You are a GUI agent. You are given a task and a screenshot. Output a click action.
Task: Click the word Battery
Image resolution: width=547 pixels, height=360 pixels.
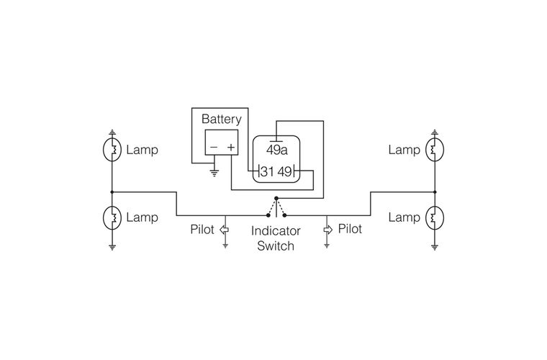pos(221,119)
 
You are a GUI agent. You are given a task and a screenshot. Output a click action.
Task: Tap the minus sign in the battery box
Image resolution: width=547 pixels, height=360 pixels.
pos(212,148)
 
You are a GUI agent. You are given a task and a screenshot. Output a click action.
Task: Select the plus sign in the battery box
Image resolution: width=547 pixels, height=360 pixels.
pos(231,148)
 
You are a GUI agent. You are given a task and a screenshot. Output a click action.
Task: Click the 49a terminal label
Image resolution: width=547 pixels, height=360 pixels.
pos(277,150)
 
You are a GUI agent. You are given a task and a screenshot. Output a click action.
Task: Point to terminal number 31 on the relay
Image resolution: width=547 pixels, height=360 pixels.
pos(267,171)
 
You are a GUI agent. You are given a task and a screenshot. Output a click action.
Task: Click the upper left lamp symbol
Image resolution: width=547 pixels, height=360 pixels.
pos(112,150)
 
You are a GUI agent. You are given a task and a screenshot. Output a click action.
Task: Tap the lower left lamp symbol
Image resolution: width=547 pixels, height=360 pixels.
pos(112,217)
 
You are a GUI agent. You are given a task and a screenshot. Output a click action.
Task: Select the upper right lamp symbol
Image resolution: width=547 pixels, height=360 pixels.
pos(435,150)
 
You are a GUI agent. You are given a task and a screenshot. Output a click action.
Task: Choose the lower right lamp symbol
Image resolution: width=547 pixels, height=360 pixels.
pos(435,217)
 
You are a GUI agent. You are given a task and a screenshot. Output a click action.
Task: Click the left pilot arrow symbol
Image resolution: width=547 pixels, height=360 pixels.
pos(224,230)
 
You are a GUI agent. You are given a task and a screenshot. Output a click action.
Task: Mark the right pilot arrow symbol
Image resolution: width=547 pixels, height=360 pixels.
pos(327,230)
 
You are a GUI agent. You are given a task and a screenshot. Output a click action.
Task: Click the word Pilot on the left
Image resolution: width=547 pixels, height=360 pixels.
pos(203,230)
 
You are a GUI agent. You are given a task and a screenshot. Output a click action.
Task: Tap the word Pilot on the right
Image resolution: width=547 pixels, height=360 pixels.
pos(350,229)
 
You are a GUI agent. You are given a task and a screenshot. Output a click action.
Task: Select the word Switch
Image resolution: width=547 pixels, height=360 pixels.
pos(275,246)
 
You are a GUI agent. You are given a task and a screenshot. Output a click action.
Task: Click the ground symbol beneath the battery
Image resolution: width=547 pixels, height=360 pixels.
pos(213,172)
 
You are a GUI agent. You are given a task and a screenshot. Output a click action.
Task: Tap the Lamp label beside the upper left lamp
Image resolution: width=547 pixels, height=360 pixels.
pos(142,150)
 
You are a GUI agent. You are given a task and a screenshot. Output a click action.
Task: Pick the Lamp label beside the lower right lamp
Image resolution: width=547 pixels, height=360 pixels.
pos(404,217)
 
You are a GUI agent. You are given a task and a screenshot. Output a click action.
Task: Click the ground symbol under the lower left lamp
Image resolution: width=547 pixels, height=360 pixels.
pos(112,246)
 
